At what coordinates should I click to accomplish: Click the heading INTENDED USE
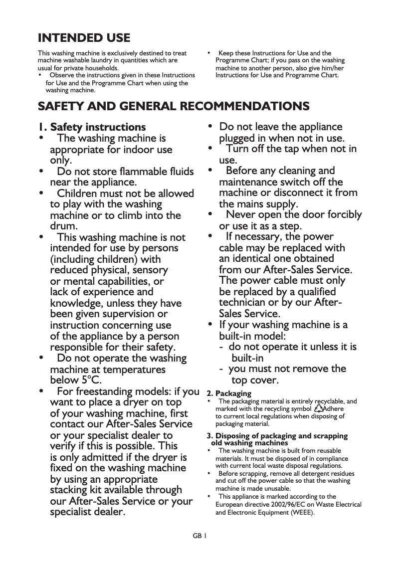pyautogui.click(x=84, y=38)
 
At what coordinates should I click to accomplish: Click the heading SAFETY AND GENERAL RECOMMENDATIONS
pyautogui.click(x=174, y=107)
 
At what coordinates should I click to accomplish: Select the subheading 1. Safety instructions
pyautogui.click(x=92, y=127)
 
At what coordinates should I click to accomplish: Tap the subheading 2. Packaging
pyautogui.click(x=229, y=393)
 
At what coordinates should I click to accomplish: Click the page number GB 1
pyautogui.click(x=200, y=536)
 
